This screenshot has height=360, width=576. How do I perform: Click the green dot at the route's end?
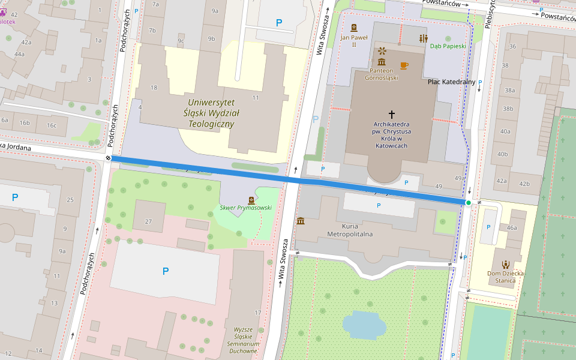click(468, 203)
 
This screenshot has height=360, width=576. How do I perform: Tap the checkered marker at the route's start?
click(109, 158)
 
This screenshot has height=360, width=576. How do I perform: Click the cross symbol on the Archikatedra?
click(392, 113)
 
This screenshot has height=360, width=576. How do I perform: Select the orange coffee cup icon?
click(404, 65)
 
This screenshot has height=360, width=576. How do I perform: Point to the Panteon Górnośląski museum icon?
click(382, 62)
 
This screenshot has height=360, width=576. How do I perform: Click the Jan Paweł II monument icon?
click(353, 28)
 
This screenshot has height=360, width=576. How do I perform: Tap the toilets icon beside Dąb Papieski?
click(424, 38)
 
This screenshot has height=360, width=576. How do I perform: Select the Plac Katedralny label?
click(451, 82)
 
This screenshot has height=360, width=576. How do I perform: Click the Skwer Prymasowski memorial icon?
click(251, 200)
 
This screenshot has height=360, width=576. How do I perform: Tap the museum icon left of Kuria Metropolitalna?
click(301, 221)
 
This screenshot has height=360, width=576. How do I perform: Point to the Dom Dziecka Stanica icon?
click(505, 264)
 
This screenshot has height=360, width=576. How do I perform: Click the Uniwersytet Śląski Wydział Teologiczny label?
click(211, 113)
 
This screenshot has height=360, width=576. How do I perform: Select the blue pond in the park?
click(364, 324)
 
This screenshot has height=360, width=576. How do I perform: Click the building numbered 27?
click(149, 221)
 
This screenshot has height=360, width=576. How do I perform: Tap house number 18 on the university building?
click(154, 88)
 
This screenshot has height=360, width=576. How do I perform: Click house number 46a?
click(511, 228)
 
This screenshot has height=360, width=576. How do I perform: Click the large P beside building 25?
click(15, 197)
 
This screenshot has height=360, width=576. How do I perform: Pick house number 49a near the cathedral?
click(460, 178)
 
